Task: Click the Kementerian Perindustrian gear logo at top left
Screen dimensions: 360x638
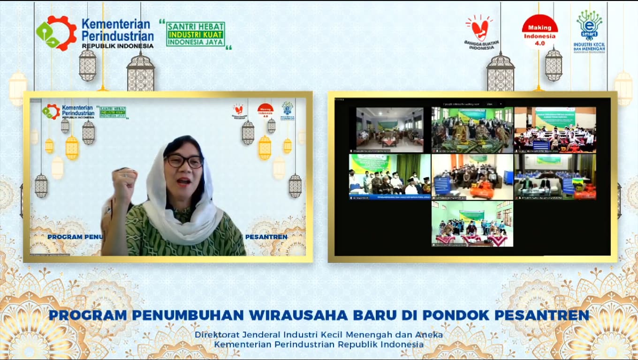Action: click(x=56, y=33)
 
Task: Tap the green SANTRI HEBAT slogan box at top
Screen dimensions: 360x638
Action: click(x=196, y=34)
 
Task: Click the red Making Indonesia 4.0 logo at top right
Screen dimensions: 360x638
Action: click(x=539, y=31)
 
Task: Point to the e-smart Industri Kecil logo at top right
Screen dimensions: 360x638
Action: click(x=589, y=31)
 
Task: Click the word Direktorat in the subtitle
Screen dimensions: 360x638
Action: click(x=217, y=335)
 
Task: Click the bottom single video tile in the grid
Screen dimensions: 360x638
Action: click(x=472, y=224)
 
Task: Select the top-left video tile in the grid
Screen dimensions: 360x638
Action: click(x=390, y=129)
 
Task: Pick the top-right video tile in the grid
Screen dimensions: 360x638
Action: click(x=555, y=129)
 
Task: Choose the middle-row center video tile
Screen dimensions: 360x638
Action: click(x=472, y=177)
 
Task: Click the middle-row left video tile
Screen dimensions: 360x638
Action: click(x=390, y=177)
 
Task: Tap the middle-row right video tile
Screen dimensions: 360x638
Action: click(x=555, y=177)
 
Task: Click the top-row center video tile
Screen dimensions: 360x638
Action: click(x=472, y=129)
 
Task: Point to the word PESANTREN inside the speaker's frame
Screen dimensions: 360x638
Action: click(x=266, y=237)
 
